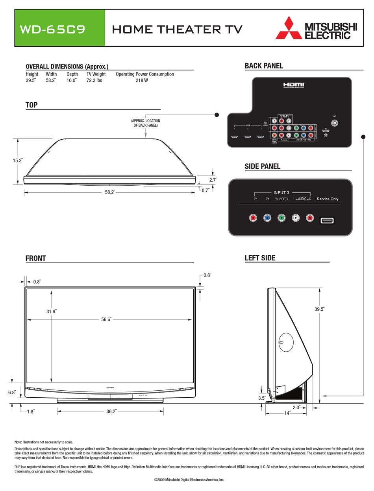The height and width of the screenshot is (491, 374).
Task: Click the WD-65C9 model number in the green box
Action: (52, 30)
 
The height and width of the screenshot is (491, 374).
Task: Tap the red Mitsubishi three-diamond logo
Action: (288, 28)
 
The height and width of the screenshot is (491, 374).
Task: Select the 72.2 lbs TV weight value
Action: (94, 80)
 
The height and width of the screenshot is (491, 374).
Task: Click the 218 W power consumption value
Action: (142, 80)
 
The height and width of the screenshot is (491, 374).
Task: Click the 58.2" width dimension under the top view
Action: (110, 192)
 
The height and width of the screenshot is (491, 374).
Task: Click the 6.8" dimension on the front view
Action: (12, 392)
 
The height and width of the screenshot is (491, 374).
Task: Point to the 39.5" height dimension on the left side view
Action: (319, 309)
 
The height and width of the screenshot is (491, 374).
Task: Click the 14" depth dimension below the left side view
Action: (287, 413)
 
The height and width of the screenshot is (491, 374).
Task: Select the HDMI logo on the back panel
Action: (294, 85)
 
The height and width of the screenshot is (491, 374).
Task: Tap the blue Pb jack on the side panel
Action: (267, 218)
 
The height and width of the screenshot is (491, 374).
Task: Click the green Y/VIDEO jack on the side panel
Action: (281, 218)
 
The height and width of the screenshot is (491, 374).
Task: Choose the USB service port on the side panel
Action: (327, 220)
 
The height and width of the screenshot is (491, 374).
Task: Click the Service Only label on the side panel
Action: (328, 199)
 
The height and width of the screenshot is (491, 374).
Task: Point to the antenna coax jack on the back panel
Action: (335, 123)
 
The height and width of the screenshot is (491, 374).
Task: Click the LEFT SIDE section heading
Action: (260, 258)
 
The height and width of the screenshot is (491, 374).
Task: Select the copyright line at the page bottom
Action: (189, 480)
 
